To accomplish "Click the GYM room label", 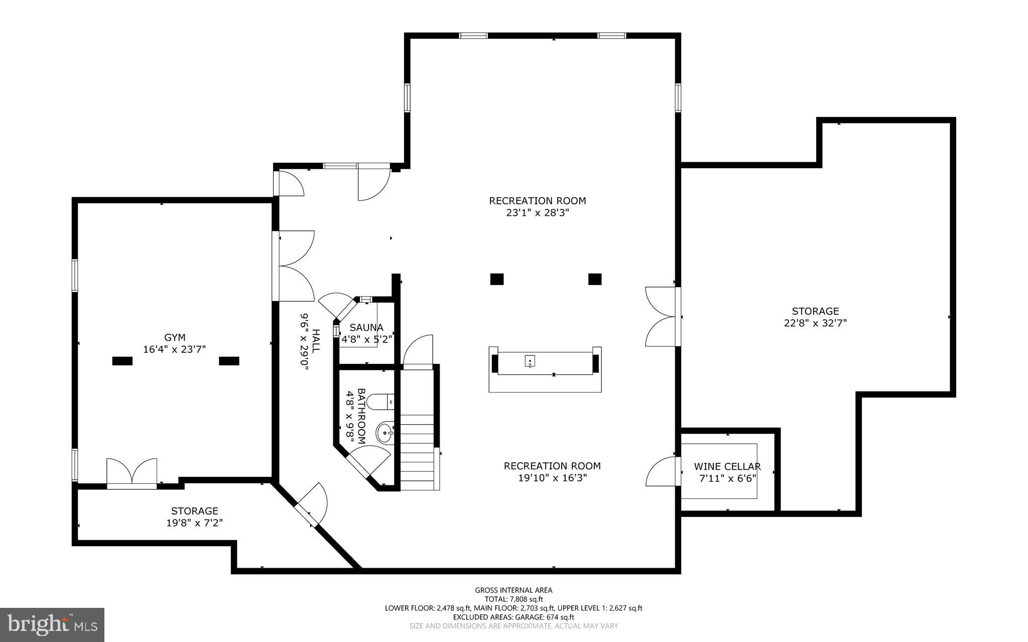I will coord(175,337).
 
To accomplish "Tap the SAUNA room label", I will coord(366,328).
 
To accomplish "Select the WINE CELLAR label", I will coord(727,467).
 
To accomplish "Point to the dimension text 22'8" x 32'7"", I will coord(815,323).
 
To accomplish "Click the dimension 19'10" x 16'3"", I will coord(552,478).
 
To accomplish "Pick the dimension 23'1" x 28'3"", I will coord(537,212).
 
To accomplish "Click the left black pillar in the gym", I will coord(122,361).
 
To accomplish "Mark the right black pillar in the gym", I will coord(229,361).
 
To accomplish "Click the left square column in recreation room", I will coord(496,279).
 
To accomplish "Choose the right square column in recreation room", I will coord(595,279).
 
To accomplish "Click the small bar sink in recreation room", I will coord(530,361).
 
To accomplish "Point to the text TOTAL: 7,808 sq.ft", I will coord(513,599).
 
